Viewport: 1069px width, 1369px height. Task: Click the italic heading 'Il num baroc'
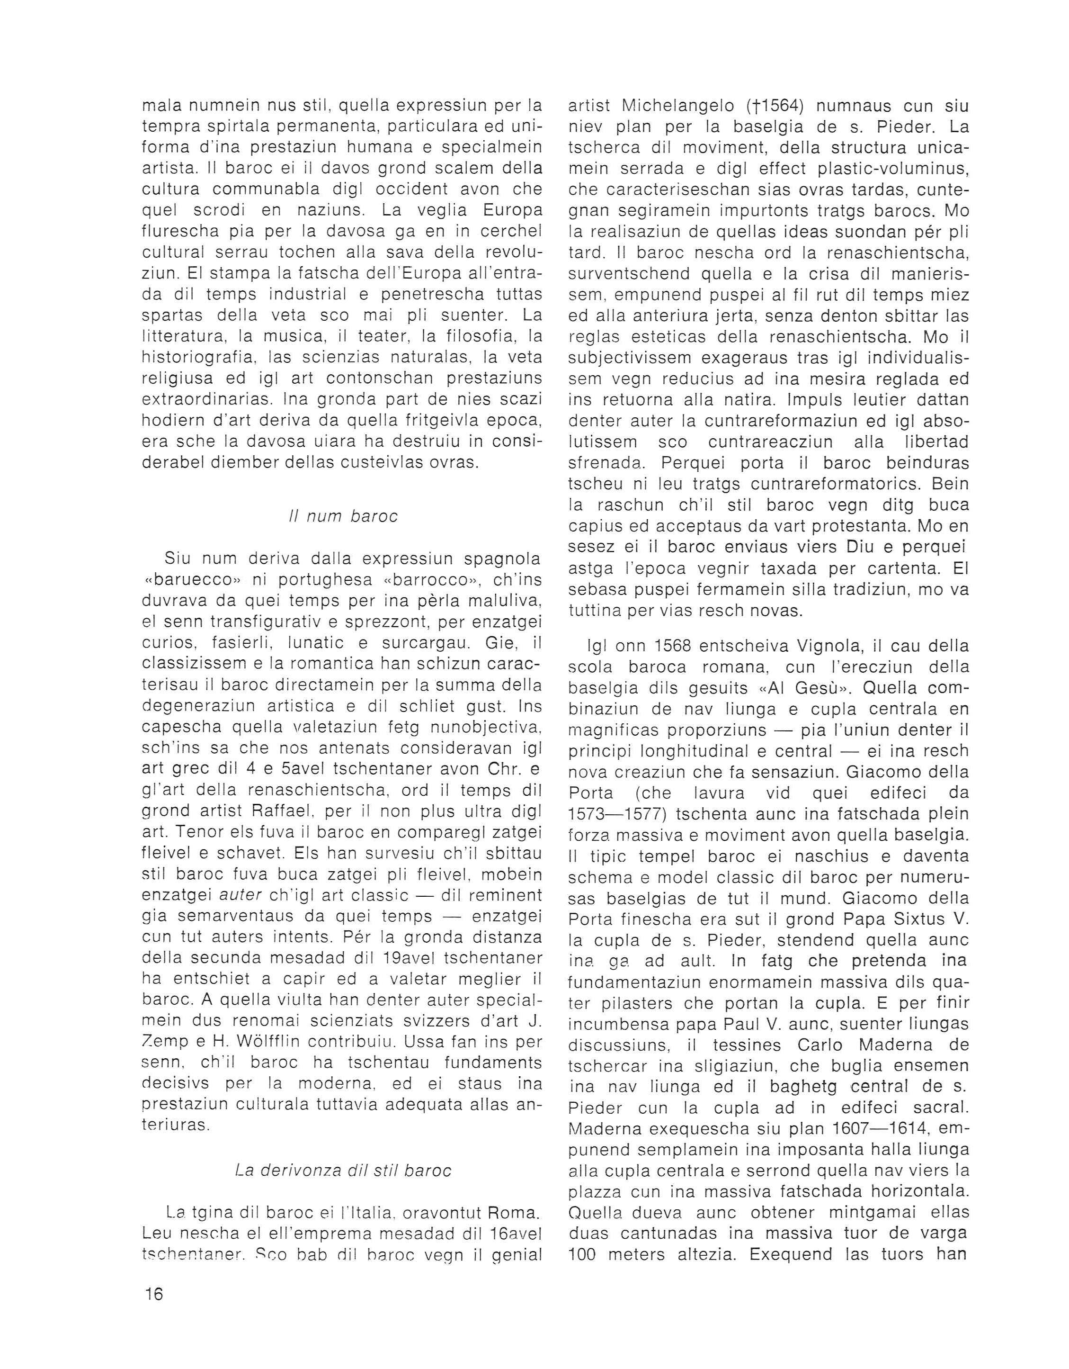coord(343,516)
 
